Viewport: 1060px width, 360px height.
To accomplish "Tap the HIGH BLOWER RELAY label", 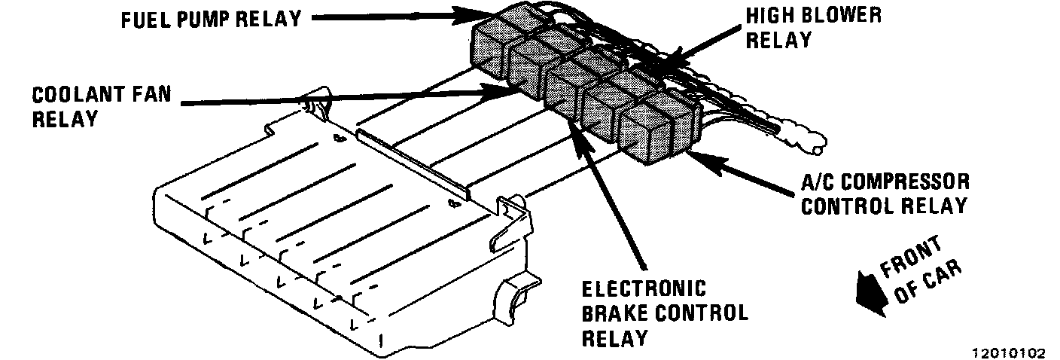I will pos(812,27).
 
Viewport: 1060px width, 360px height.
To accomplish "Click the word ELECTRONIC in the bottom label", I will pos(644,290).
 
